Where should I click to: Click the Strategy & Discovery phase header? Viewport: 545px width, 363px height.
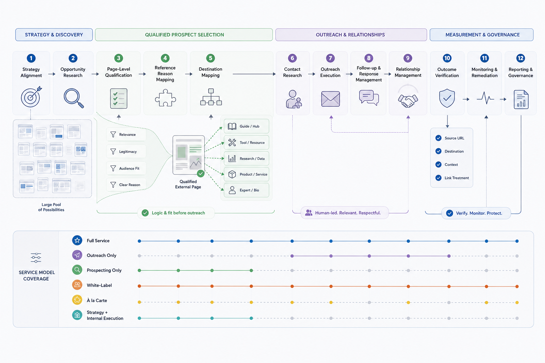pyautogui.click(x=54, y=35)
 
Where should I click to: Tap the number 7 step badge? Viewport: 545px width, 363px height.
pyautogui.click(x=330, y=58)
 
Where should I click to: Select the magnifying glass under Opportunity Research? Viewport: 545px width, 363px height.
pyautogui.click(x=74, y=98)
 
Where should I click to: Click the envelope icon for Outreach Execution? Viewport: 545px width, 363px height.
pyautogui.click(x=330, y=99)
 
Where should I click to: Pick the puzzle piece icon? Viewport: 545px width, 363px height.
pyautogui.click(x=165, y=98)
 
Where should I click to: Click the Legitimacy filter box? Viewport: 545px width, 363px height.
pyautogui.click(x=126, y=151)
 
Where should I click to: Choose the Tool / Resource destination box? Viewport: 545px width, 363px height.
pyautogui.click(x=247, y=143)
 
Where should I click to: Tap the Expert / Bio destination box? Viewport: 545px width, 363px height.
pyautogui.click(x=247, y=190)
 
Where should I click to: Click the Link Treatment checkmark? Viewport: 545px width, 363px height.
pyautogui.click(x=439, y=178)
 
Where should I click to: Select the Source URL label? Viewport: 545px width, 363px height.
pyautogui.click(x=454, y=138)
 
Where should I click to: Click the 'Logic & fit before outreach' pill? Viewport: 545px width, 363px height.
pyautogui.click(x=176, y=213)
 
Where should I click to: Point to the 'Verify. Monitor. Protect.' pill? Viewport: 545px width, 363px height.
pyautogui.click(x=476, y=213)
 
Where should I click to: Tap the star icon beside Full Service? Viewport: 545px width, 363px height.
pyautogui.click(x=77, y=240)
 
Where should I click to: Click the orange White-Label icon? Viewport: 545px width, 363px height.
pyautogui.click(x=77, y=285)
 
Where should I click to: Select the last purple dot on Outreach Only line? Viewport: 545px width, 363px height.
pyautogui.click(x=449, y=256)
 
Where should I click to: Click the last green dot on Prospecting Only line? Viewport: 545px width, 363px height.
pyautogui.click(x=251, y=270)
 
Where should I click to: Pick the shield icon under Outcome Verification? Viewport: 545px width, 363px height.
pyautogui.click(x=447, y=98)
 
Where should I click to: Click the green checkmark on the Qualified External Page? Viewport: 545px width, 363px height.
pyautogui.click(x=201, y=174)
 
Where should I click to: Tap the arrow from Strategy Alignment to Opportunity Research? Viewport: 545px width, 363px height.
pyautogui.click(x=51, y=74)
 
